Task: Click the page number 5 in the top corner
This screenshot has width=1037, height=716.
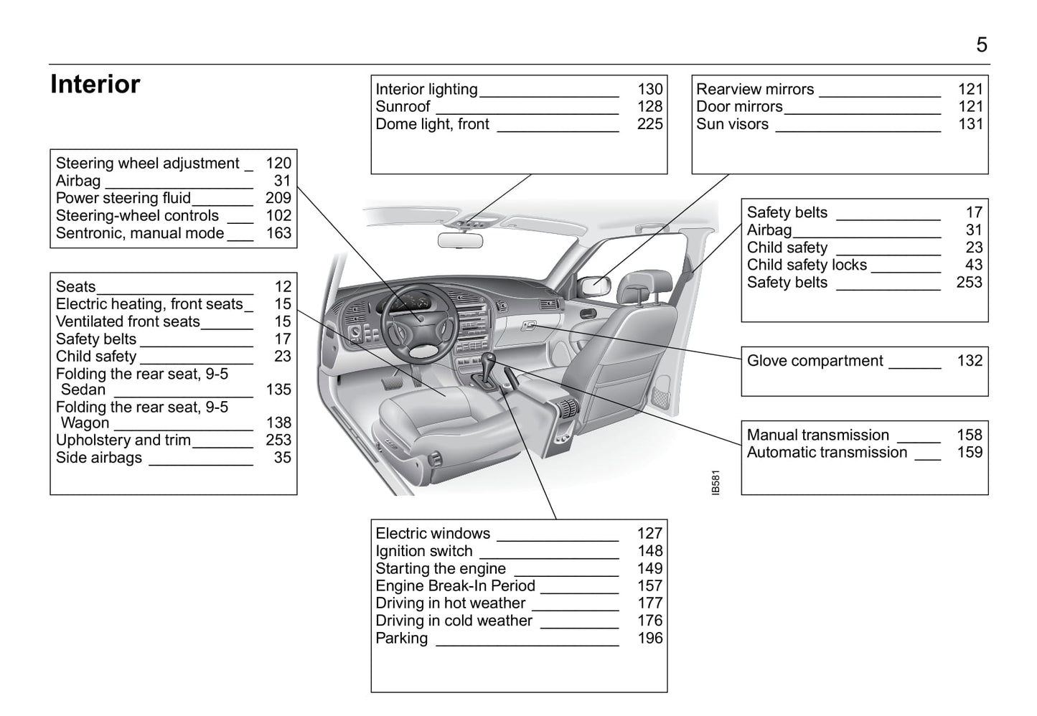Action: click(981, 45)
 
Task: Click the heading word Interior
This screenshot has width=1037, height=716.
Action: click(95, 85)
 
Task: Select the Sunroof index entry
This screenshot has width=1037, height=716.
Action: click(403, 107)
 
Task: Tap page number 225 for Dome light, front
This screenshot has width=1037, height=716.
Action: click(649, 124)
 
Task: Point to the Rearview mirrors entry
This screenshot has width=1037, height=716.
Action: click(755, 90)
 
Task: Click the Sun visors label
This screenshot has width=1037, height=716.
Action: click(732, 124)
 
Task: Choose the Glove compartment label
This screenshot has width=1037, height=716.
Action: click(815, 361)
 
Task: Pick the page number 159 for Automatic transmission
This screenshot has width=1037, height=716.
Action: click(969, 453)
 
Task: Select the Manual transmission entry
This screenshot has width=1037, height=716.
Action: click(817, 435)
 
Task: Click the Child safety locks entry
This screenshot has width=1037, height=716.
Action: click(807, 265)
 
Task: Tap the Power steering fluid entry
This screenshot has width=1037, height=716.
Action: click(123, 199)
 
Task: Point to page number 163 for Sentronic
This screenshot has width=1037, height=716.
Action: click(278, 233)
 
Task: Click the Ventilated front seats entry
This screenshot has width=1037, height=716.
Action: click(128, 322)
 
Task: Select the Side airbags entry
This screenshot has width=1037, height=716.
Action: click(99, 458)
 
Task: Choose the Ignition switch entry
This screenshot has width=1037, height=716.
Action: click(424, 552)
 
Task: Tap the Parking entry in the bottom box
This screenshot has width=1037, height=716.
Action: click(401, 639)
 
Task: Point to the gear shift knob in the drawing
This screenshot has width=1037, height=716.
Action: click(489, 358)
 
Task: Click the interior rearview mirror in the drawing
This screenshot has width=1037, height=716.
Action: click(460, 240)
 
